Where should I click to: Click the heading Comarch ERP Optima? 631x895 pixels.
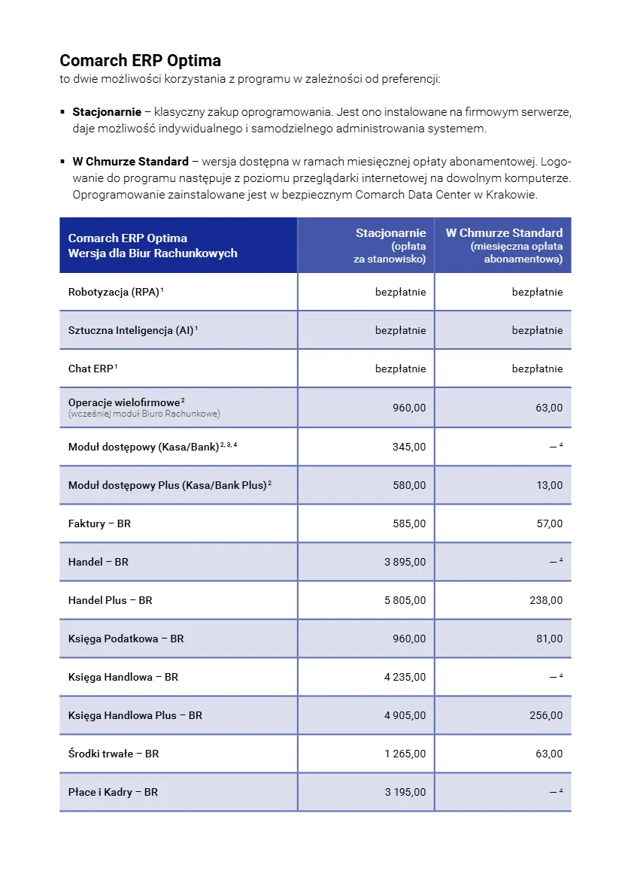coord(140,60)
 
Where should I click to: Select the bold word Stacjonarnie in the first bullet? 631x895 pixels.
coord(107,112)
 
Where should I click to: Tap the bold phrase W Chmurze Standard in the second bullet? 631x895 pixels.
coord(130,162)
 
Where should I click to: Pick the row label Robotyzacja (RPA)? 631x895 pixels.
coord(114,292)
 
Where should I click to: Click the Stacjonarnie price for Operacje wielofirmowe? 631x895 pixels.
coord(409,408)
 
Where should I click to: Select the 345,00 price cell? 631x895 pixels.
coord(409,447)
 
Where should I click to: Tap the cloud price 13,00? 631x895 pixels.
coord(549,485)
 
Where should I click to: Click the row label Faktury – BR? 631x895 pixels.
coord(99,523)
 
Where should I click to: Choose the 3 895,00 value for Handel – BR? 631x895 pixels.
coord(405,562)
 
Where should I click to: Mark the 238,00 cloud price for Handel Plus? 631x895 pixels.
coord(546,600)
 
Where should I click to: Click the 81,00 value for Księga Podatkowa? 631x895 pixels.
coord(549,639)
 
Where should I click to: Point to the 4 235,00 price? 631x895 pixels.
coord(405,677)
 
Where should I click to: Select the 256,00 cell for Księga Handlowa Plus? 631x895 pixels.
coord(546,715)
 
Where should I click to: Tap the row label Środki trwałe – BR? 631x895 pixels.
coord(114,754)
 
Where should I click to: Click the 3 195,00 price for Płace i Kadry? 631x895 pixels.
coord(405,792)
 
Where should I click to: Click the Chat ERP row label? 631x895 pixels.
coord(90,369)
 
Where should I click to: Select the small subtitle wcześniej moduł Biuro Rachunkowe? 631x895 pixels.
coord(144,414)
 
